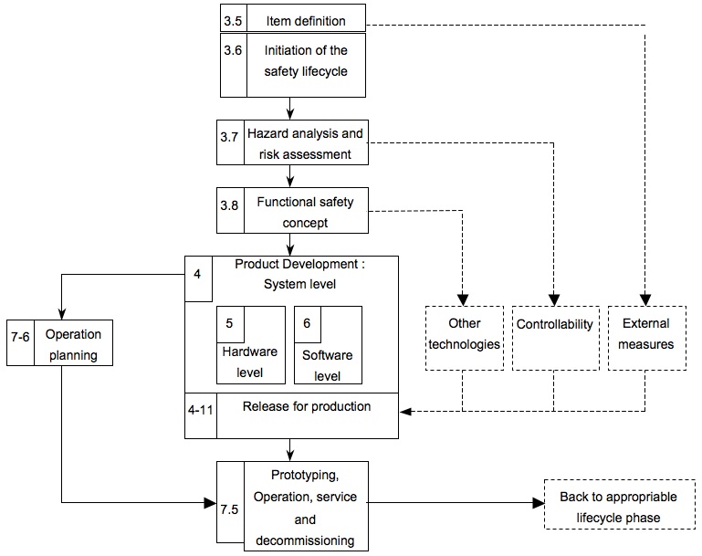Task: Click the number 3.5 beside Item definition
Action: click(x=234, y=20)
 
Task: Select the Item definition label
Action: click(x=307, y=20)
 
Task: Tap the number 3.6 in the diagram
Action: click(x=234, y=52)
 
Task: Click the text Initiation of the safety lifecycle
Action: click(x=307, y=61)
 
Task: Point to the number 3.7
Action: click(x=229, y=137)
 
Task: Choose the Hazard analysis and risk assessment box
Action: click(x=305, y=143)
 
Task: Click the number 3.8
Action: click(x=229, y=206)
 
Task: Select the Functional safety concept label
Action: click(x=305, y=212)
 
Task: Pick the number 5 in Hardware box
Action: click(x=229, y=322)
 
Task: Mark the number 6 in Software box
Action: click(x=307, y=322)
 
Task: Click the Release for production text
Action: click(x=307, y=406)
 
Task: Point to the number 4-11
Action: click(x=200, y=411)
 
